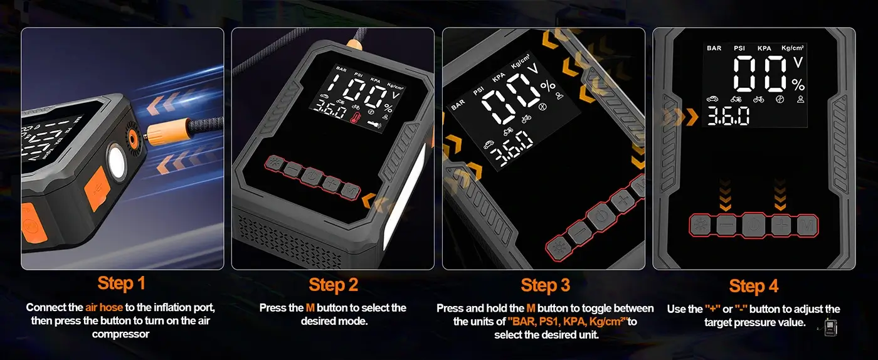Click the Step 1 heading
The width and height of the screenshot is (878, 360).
121,283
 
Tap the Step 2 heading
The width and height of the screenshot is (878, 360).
333,285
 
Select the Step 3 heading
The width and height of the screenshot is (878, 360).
545,285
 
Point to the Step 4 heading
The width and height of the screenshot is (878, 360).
753,286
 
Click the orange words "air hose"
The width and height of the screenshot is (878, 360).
104,307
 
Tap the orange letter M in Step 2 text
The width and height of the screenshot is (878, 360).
310,308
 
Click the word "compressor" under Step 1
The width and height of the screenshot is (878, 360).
120,334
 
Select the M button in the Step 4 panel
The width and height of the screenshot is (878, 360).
807,226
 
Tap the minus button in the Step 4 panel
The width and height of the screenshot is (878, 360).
726,226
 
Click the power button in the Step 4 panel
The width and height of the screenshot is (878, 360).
754,226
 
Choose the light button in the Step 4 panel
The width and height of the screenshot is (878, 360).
700,226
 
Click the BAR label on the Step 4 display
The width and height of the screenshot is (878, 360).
714,48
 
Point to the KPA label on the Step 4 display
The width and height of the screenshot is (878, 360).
764,48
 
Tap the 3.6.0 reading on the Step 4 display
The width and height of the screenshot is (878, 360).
728,116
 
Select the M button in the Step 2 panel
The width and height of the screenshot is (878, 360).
350,191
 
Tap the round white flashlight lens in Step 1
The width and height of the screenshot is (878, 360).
117,162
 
